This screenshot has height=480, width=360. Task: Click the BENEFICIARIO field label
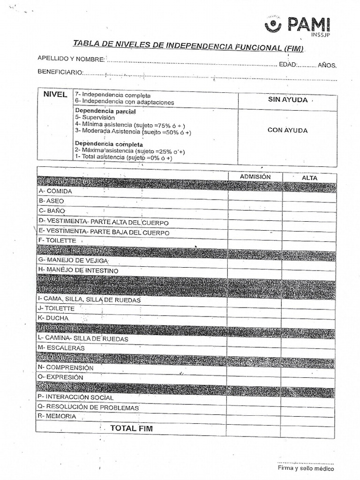(x=60, y=72)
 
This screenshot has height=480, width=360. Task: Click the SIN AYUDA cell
(x=287, y=100)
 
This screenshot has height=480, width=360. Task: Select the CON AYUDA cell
(x=287, y=130)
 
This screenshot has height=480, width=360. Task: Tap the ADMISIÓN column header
(x=255, y=177)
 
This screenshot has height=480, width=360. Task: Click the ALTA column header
(x=309, y=178)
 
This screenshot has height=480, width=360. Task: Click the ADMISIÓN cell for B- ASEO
(x=255, y=200)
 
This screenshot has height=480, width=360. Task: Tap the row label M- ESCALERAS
(x=61, y=348)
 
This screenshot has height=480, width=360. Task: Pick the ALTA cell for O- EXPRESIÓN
(x=309, y=377)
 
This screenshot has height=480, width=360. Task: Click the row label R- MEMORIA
(x=58, y=416)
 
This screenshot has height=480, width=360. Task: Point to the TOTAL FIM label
(x=131, y=428)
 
